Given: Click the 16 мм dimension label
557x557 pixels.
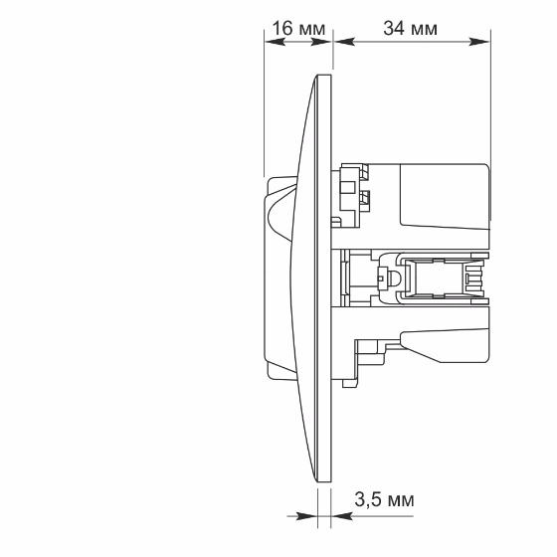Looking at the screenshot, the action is pyautogui.click(x=298, y=28).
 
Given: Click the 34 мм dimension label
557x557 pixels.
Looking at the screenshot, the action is pyautogui.click(x=410, y=28).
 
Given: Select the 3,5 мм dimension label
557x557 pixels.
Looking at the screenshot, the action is pyautogui.click(x=384, y=499).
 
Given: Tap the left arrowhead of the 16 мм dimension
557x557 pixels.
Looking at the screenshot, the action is pyautogui.click(x=275, y=42).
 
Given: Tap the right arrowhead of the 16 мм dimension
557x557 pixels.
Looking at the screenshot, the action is pyautogui.click(x=321, y=42).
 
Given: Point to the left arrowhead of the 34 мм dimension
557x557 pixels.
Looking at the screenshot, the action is pyautogui.click(x=344, y=42).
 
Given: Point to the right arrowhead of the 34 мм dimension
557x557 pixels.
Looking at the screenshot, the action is pyautogui.click(x=479, y=42).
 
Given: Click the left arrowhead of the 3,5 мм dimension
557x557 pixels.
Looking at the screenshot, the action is pyautogui.click(x=306, y=516).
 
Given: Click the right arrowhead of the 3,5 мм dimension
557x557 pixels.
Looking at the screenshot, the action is pyautogui.click(x=342, y=516).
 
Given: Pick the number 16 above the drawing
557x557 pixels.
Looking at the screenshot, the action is pyautogui.click(x=283, y=28).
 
